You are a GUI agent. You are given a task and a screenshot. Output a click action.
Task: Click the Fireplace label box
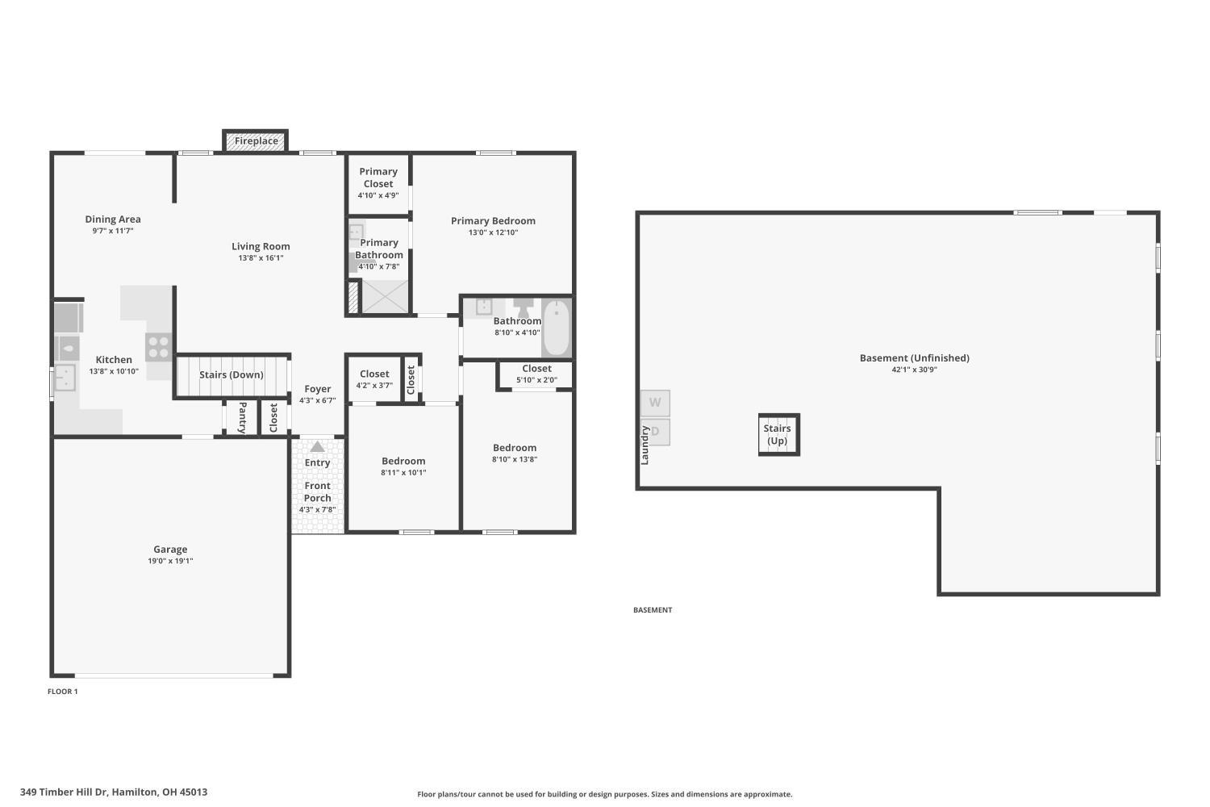point(256,141)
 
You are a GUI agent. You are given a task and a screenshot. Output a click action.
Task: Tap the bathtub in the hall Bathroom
point(556,328)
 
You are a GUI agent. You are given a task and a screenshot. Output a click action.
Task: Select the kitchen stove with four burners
point(159,347)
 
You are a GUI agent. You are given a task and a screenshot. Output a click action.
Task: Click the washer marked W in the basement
point(655,403)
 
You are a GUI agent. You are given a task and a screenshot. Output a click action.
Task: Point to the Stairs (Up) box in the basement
point(779,435)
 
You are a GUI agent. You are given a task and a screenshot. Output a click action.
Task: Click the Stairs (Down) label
point(232,374)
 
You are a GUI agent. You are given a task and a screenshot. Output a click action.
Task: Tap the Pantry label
point(243,417)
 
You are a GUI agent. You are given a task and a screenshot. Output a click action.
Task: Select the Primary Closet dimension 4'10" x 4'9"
point(378,195)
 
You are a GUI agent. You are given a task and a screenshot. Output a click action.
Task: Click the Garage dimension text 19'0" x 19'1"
point(170,561)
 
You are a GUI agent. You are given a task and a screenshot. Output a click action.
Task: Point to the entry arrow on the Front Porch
point(317,446)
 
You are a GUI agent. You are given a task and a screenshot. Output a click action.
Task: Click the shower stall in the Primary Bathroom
point(385,296)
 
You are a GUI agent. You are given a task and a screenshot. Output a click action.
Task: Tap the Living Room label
point(261,246)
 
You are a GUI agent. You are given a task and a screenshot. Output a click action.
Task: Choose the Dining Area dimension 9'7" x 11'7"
point(113,231)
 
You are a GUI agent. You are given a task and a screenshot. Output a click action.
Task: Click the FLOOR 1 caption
point(63,692)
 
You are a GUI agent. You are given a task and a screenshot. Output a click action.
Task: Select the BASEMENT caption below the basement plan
point(653,610)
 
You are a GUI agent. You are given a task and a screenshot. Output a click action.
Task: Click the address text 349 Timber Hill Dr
point(64,792)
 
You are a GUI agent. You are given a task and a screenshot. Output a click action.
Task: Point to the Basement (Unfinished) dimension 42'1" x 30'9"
point(914,370)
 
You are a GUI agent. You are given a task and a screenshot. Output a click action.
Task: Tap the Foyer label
point(318,389)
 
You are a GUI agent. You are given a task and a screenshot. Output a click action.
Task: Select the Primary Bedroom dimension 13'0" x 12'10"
point(493,232)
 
